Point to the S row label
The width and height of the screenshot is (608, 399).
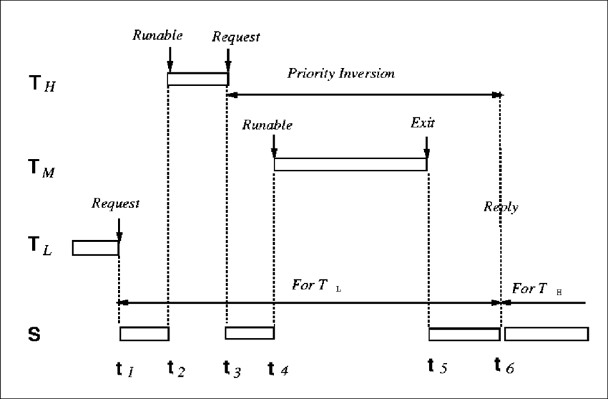pos(34,334)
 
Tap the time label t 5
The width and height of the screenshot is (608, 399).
pos(438,367)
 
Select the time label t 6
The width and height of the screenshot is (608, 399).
pos(504,367)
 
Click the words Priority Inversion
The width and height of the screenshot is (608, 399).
pos(340,74)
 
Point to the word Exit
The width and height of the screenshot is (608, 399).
pos(422,123)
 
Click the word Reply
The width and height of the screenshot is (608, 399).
pos(501,207)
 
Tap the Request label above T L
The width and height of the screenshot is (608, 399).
pos(116,203)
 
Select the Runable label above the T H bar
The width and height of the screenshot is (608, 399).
pos(158,34)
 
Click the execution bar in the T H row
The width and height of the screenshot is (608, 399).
pos(197,80)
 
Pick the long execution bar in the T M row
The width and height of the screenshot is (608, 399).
pos(350,164)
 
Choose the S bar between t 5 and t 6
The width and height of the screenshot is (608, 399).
pos(464,334)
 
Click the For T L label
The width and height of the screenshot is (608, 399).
pos(318,284)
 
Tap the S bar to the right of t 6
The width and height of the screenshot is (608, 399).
pos(546,334)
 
